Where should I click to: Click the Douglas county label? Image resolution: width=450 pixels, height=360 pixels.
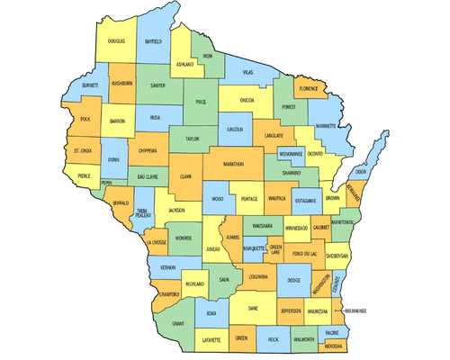(116, 41)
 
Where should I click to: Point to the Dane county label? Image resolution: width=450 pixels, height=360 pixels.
(253, 309)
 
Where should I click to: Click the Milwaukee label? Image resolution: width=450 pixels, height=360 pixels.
(364, 311)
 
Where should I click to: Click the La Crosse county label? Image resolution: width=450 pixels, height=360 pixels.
(156, 243)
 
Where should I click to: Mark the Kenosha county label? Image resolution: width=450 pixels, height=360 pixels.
(337, 346)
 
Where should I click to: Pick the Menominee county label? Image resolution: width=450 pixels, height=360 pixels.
(291, 154)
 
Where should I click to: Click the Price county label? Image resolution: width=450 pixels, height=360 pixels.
(201, 103)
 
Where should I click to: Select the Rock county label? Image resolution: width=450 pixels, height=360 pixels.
(273, 339)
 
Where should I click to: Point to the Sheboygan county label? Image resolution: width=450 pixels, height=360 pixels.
(337, 256)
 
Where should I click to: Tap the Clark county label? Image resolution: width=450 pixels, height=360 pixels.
(186, 177)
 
